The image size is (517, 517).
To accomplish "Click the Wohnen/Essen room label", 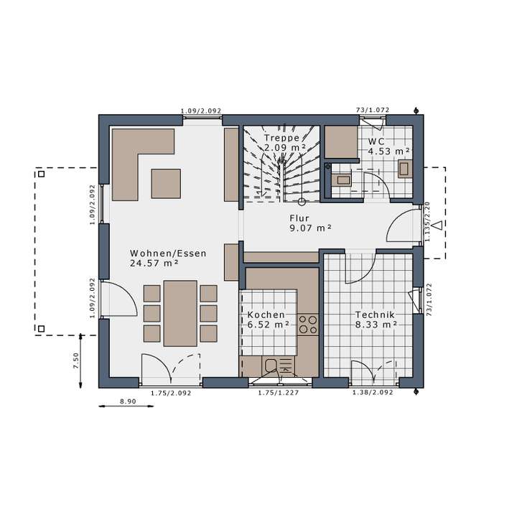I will click(x=168, y=253).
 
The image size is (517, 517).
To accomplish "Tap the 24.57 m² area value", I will click(x=154, y=264).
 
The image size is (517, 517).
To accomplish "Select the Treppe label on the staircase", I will click(x=281, y=137).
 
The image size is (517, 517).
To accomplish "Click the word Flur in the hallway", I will click(x=299, y=218).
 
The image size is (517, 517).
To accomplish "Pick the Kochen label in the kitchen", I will click(x=266, y=315).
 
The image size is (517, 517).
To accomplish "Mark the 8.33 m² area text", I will click(x=376, y=325).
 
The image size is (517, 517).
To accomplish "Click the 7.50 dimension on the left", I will click(x=76, y=360).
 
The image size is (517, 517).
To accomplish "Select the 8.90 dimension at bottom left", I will click(x=128, y=401).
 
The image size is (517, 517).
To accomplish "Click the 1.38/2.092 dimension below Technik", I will click(x=371, y=393).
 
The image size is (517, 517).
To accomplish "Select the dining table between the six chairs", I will click(x=180, y=313).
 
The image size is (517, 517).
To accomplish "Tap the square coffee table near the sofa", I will click(x=166, y=182).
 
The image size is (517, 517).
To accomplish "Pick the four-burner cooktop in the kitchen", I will click(x=309, y=325).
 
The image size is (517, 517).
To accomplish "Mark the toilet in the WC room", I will click(x=404, y=169).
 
